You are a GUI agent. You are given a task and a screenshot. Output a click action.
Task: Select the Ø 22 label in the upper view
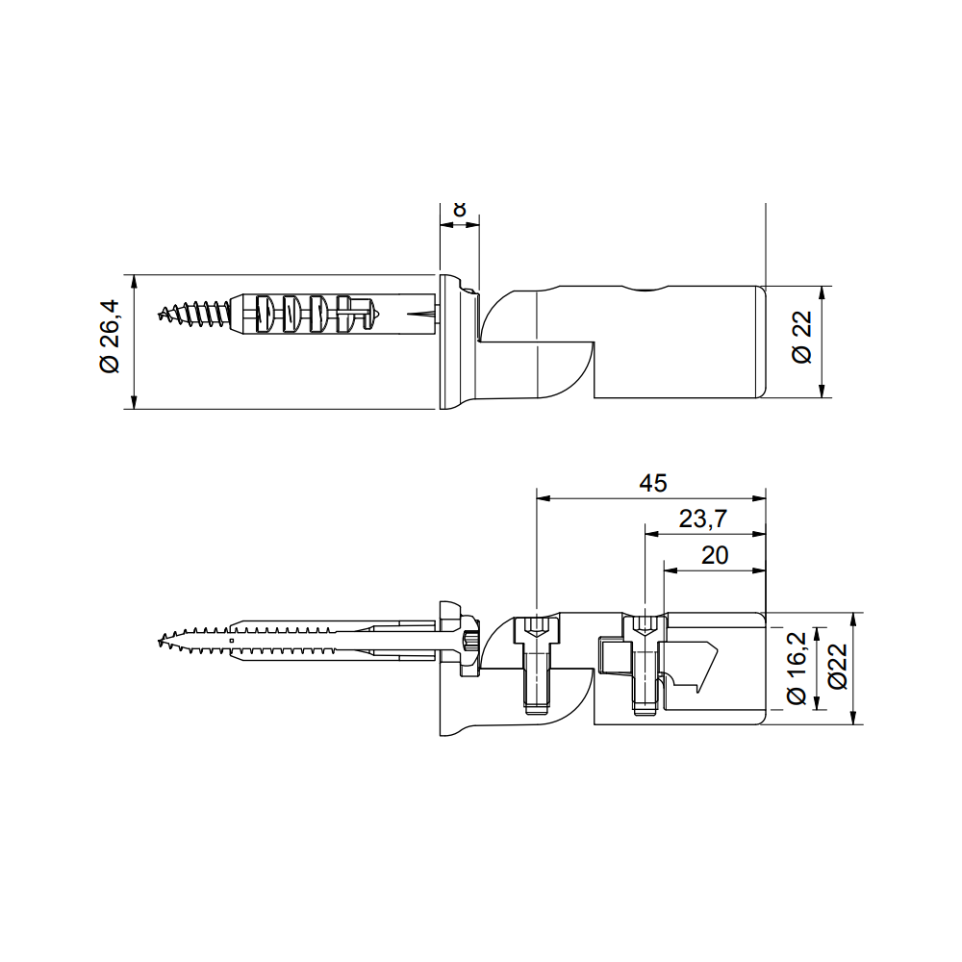pyautogui.click(x=801, y=338)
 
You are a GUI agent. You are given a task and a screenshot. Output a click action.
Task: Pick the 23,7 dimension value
pyautogui.click(x=702, y=519)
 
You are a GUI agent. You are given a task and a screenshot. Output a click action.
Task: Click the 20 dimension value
pyautogui.click(x=715, y=555)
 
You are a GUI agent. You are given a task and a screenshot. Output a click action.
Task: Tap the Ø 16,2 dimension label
pyautogui.click(x=797, y=669)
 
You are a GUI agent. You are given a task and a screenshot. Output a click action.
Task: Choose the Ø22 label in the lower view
pyautogui.click(x=836, y=667)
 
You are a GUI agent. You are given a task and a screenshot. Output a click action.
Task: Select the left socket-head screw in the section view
pyautogui.click(x=537, y=664)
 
